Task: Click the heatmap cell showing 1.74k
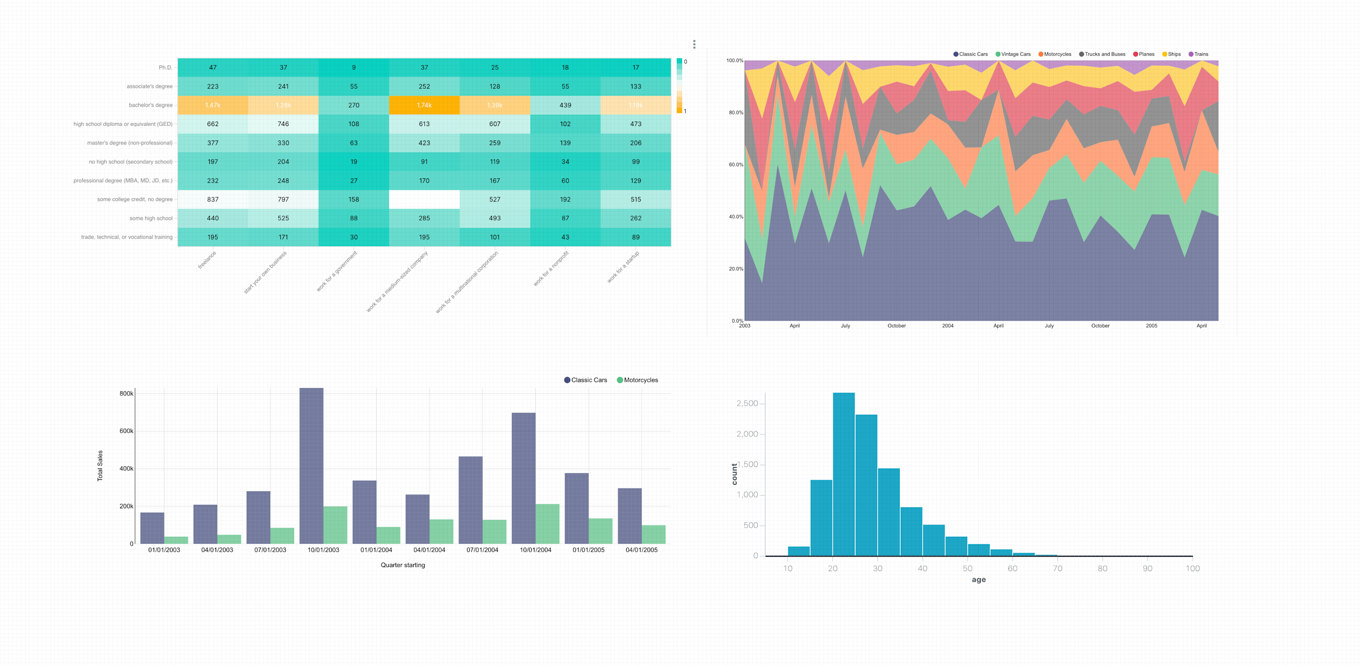[424, 105]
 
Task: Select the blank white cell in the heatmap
[424, 199]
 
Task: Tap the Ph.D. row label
[165, 68]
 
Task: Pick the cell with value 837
[213, 199]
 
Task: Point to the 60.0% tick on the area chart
[736, 164]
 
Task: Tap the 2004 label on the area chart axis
[948, 326]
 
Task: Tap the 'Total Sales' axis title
[100, 465]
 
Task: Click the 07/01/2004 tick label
[482, 550]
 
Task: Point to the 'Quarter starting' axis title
[403, 565]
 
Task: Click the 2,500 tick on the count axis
[747, 404]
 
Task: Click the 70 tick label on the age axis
[1058, 568]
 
